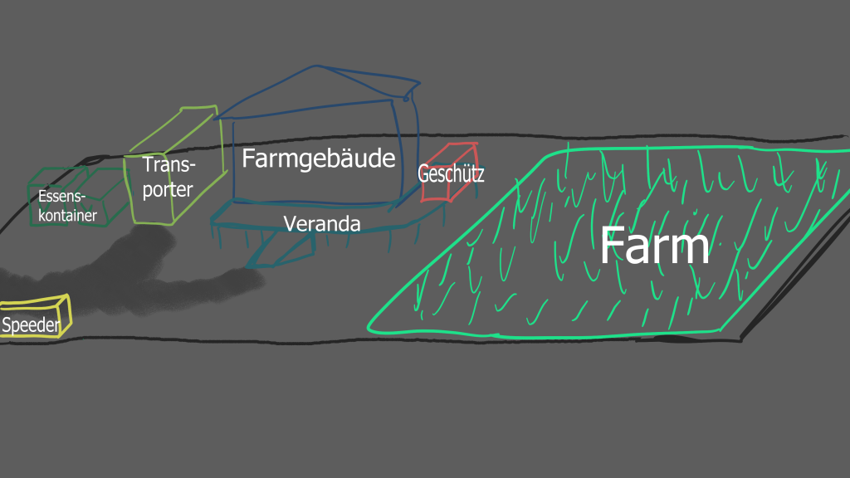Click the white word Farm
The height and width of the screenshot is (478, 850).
(654, 246)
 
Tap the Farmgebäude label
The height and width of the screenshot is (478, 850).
(318, 159)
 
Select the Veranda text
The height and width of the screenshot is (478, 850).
(322, 224)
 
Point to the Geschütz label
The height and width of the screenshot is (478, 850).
(451, 175)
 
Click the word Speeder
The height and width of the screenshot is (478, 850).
(31, 325)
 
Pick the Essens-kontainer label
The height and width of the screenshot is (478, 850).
(67, 207)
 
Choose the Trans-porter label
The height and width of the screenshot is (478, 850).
(167, 177)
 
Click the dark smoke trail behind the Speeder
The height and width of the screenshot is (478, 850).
(166, 274)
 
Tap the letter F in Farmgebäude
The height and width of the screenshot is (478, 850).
(249, 159)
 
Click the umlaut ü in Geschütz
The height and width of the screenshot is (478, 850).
(465, 174)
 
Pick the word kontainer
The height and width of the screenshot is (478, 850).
(67, 216)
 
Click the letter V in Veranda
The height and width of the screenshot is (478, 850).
(290, 224)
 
